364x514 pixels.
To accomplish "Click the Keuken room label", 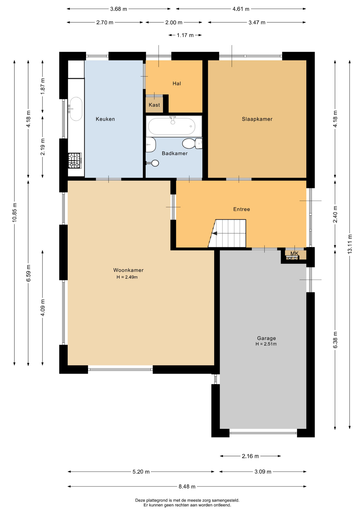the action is [x=105, y=119].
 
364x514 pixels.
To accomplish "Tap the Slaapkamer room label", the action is [x=257, y=119].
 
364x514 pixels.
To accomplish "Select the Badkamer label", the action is [x=175, y=153].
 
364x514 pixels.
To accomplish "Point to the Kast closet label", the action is [x=154, y=105].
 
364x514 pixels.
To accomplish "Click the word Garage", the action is [x=266, y=338].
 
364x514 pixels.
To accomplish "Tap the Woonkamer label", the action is [x=128, y=270].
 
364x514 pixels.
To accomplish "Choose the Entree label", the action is [x=242, y=209].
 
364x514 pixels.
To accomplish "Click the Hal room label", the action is [x=177, y=84].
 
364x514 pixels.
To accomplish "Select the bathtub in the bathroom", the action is [x=172, y=126].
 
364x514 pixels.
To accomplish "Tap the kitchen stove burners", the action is [x=75, y=161].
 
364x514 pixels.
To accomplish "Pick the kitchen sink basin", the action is [x=76, y=109].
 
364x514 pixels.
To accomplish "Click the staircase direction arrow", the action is [x=214, y=233].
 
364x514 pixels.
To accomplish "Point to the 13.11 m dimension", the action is [x=350, y=244].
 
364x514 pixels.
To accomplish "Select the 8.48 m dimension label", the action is [x=187, y=486].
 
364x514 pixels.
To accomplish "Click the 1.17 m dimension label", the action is [x=185, y=35].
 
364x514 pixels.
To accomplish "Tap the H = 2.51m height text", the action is [x=266, y=344].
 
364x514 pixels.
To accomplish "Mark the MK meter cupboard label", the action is [x=294, y=254].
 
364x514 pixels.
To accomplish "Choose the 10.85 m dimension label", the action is [x=14, y=212].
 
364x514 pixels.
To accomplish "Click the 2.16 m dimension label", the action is [x=250, y=456].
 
